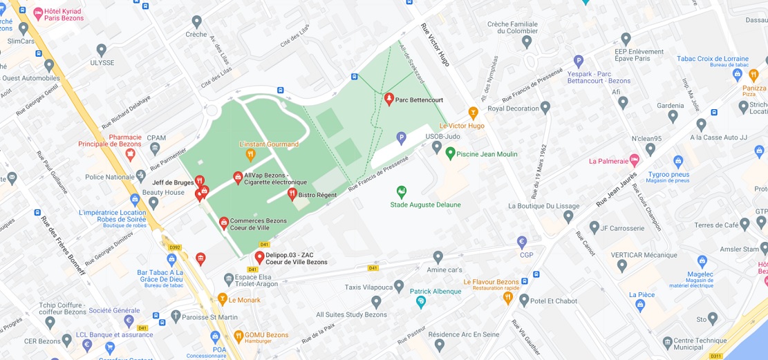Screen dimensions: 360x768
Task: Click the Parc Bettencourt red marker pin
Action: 388,100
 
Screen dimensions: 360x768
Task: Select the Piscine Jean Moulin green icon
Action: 451,152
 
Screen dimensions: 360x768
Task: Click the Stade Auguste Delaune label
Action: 425,205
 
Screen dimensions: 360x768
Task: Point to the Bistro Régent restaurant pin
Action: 292,194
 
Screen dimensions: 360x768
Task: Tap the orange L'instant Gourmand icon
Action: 251,155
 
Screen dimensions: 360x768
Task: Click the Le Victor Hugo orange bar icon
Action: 474,113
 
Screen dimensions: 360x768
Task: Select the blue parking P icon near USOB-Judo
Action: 401,138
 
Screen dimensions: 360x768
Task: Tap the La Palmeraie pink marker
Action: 635,160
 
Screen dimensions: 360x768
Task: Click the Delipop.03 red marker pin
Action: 259,258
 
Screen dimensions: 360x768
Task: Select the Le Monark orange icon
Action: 222,299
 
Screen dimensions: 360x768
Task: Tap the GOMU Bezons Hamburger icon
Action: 238,337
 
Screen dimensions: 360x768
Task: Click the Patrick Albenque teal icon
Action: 421,302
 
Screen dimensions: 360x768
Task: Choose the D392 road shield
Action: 175,247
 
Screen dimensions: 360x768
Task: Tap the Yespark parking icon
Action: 579,61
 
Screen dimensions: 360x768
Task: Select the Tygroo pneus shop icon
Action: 678,161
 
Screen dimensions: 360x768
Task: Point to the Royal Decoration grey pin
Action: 545,108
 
